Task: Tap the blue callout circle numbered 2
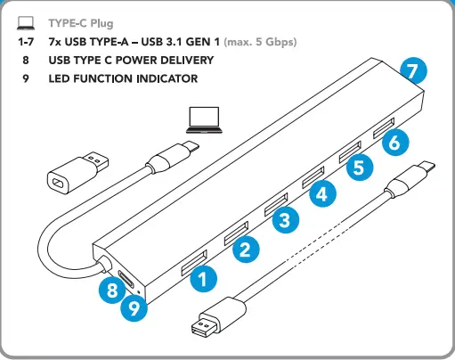(x=245, y=249)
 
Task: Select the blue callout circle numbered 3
(x=284, y=220)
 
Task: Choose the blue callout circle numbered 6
(x=398, y=140)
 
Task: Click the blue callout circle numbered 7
(x=410, y=69)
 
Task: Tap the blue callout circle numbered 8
(x=112, y=290)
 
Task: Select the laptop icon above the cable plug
(x=204, y=118)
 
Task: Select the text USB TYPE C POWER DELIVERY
(x=131, y=60)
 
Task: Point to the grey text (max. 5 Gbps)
(x=260, y=41)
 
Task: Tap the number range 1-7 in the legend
(x=26, y=41)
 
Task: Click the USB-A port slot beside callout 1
(x=192, y=265)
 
